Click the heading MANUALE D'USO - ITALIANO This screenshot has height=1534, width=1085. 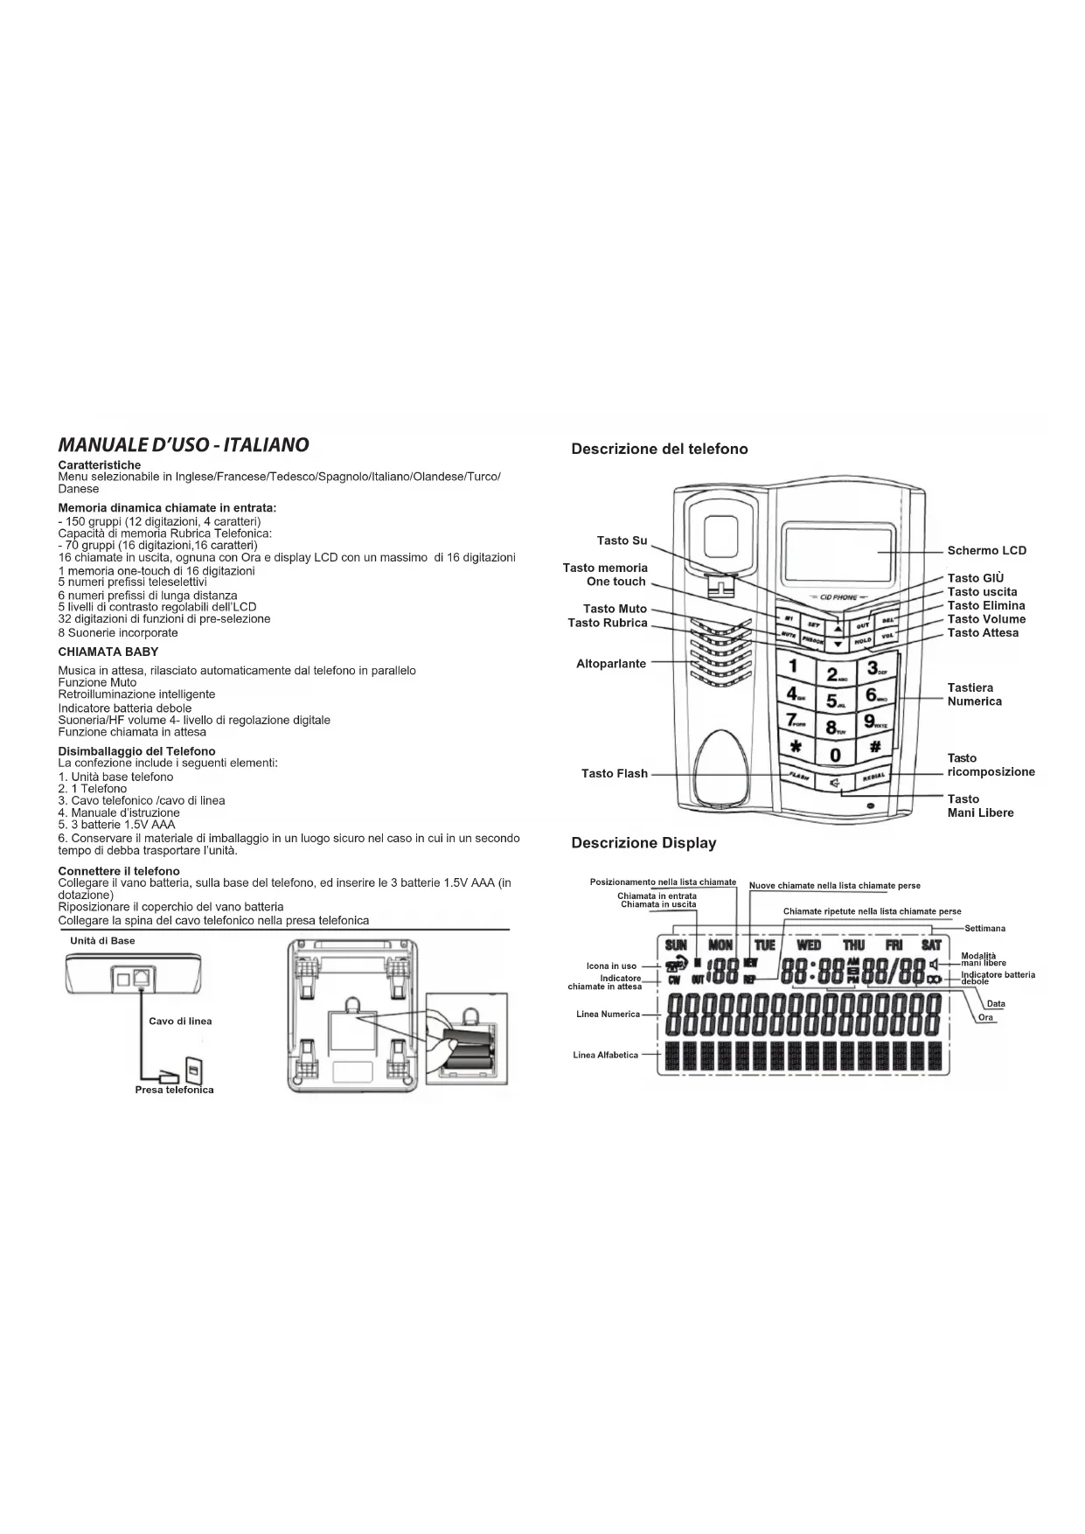[184, 445]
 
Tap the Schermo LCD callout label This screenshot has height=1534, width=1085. [986, 551]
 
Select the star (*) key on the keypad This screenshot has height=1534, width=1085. [795, 747]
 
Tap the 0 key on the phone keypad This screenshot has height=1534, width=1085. [835, 754]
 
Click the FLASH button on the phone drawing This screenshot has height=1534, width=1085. [797, 777]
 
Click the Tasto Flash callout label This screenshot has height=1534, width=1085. [615, 774]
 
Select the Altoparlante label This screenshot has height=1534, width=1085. [611, 664]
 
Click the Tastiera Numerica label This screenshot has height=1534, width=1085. [974, 694]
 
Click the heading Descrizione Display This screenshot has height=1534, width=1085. [643, 843]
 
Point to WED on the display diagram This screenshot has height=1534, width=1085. [809, 945]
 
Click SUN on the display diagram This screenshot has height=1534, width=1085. [676, 945]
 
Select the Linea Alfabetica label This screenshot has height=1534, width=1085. [606, 1056]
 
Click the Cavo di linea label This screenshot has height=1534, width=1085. [180, 1022]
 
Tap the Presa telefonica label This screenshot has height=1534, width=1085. [174, 1091]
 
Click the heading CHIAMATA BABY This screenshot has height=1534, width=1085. [108, 652]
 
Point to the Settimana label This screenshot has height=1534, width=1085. [984, 929]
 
